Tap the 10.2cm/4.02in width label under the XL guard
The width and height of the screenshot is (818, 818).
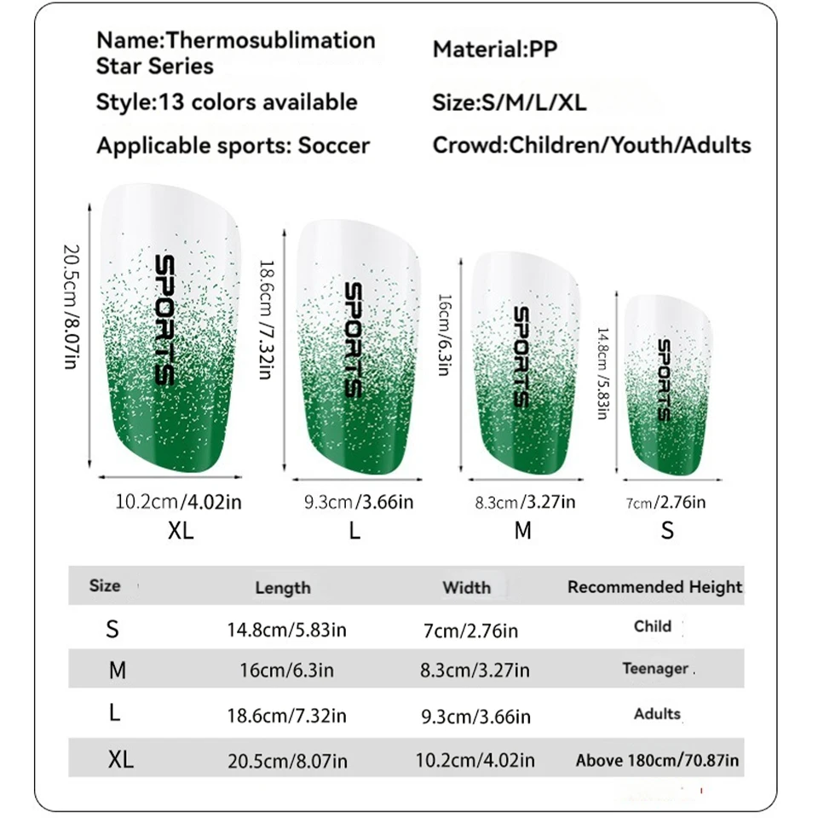click(x=178, y=502)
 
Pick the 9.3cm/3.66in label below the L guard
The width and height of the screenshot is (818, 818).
click(x=359, y=503)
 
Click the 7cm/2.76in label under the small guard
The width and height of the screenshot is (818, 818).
click(x=665, y=503)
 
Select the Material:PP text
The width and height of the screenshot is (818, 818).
click(x=495, y=49)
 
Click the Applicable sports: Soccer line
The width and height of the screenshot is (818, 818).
click(x=233, y=145)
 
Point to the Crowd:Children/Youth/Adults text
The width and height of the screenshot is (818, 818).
click(x=592, y=145)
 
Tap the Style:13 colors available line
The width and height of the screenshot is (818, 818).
click(x=227, y=102)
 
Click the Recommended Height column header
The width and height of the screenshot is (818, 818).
click(x=654, y=586)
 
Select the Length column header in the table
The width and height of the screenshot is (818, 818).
click(x=283, y=587)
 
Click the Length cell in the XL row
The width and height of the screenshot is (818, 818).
click(x=287, y=760)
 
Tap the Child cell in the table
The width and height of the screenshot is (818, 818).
click(x=653, y=626)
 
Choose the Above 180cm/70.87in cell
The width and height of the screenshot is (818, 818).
click(x=657, y=760)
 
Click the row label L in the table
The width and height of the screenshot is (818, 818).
click(x=115, y=714)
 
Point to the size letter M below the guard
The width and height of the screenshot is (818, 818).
click(x=523, y=531)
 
